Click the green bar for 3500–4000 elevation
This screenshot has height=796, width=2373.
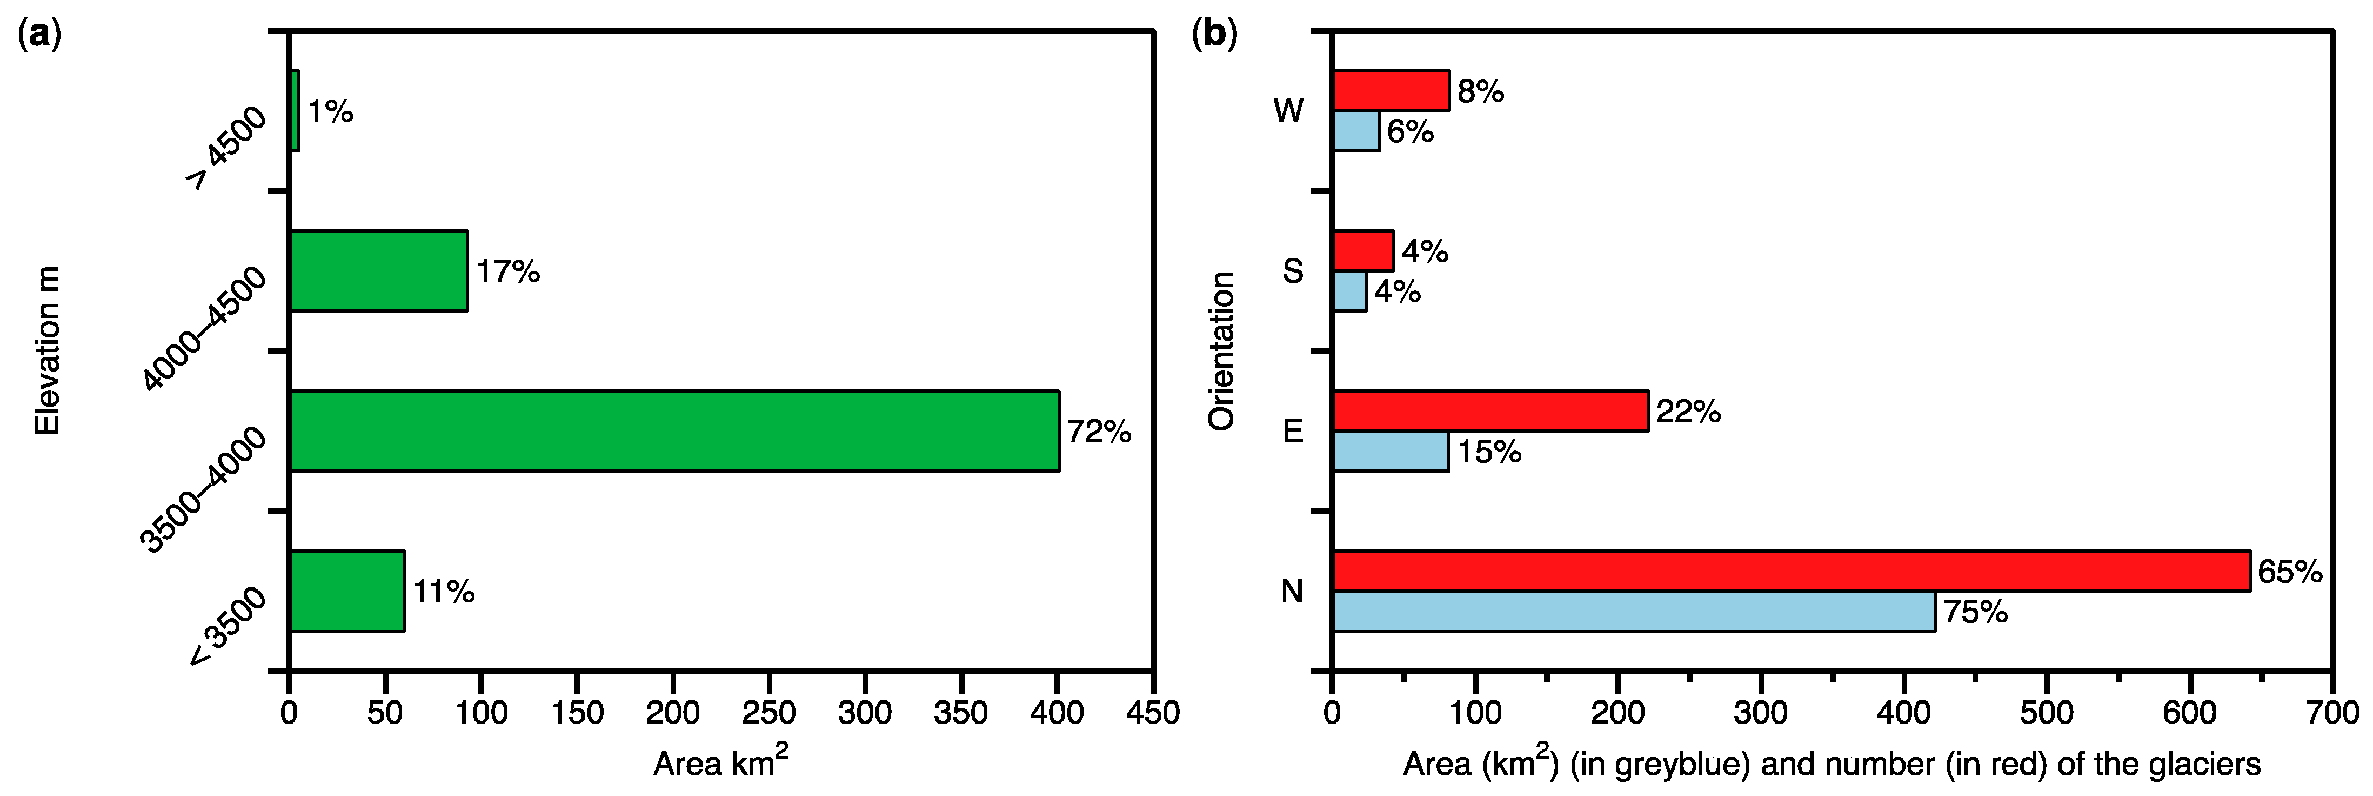coord(674,431)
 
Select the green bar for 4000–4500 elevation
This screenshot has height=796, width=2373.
coord(379,271)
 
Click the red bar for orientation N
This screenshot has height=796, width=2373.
coord(1791,571)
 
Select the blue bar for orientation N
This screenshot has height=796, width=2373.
coord(1633,612)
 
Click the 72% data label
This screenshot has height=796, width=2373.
coord(1098,431)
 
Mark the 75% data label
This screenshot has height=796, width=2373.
coord(1974,612)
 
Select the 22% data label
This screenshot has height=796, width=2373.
coord(1688,411)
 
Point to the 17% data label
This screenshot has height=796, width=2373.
coord(507,271)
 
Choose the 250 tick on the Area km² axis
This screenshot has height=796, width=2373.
coord(769,712)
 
